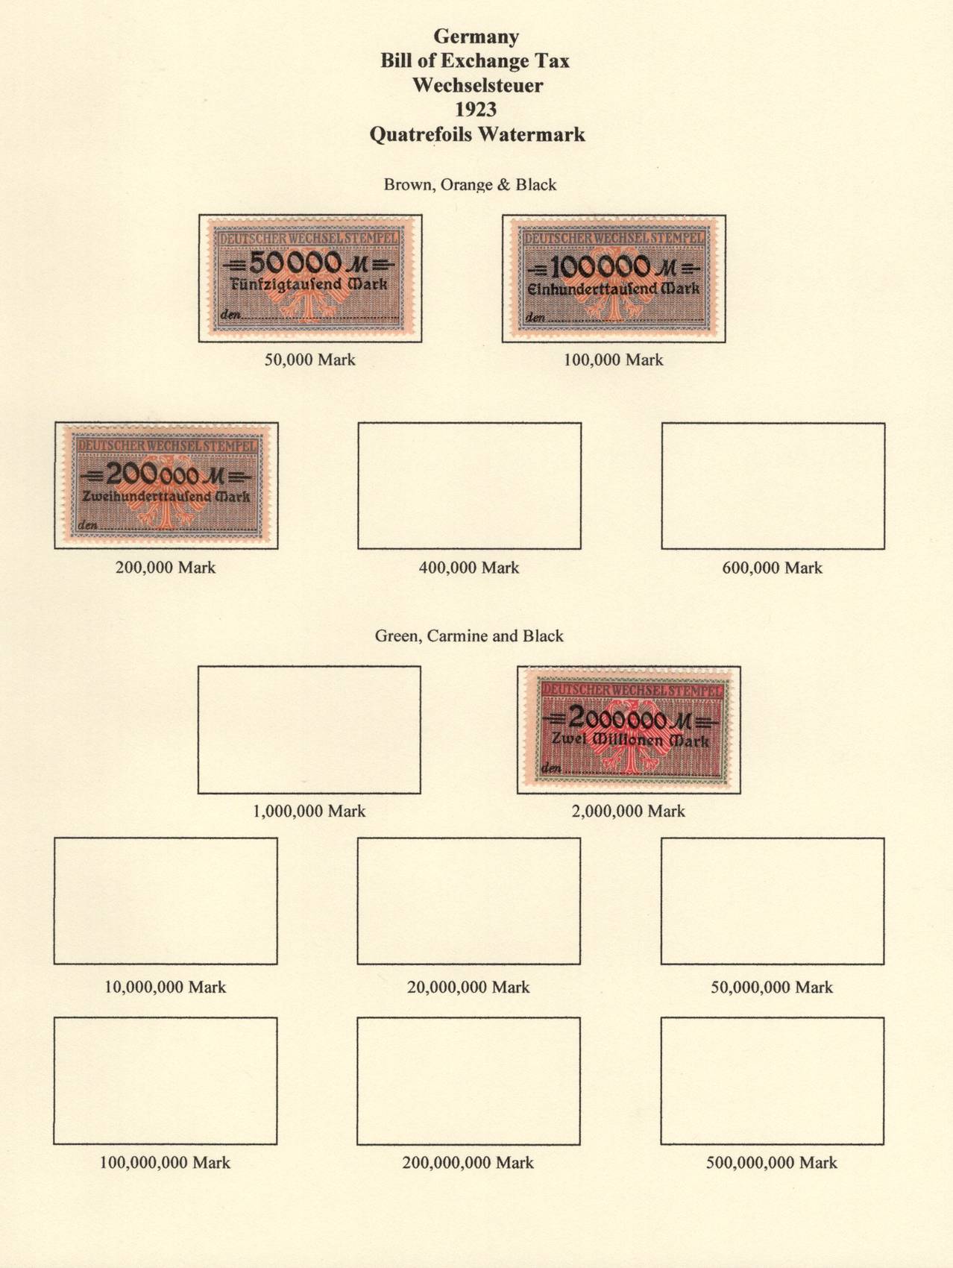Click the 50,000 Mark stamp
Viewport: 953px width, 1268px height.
(310, 278)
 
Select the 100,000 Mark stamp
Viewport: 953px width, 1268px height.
(614, 278)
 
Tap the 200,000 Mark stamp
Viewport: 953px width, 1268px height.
(166, 486)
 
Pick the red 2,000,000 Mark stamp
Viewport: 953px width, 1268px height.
(629, 729)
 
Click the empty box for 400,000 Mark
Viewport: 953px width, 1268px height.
(469, 486)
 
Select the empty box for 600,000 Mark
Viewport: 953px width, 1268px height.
(773, 486)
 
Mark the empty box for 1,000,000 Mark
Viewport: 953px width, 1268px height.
(309, 729)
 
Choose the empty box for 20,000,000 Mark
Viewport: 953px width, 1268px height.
(469, 900)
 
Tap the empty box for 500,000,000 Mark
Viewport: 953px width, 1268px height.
(773, 1080)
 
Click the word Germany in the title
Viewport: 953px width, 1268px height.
(476, 36)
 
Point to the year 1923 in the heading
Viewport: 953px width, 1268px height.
(476, 110)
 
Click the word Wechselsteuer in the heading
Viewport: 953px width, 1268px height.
(477, 85)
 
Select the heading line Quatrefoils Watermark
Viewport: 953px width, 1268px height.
(477, 134)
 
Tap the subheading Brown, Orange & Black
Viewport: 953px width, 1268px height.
(470, 184)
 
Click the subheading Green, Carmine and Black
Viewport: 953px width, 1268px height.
(469, 635)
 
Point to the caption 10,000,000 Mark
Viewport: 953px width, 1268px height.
(166, 987)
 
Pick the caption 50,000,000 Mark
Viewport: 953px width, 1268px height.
(772, 987)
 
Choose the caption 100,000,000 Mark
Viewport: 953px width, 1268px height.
(166, 1162)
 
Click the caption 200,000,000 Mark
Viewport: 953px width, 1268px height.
(468, 1162)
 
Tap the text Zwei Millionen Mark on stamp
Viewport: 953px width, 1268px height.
(630, 741)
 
